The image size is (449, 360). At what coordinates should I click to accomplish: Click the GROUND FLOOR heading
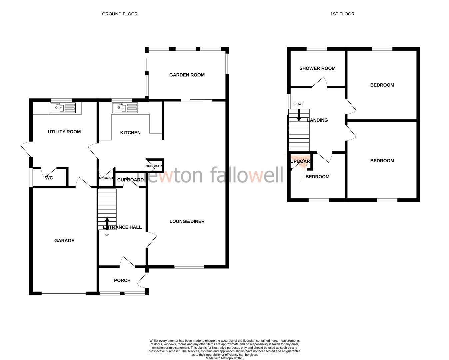(x=120, y=14)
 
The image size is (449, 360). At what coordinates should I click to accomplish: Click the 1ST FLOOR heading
(x=342, y=14)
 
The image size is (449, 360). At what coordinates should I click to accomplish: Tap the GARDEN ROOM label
(x=187, y=75)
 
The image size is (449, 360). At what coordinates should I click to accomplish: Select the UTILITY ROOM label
(x=64, y=132)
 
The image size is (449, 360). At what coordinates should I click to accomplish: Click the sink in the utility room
(x=63, y=108)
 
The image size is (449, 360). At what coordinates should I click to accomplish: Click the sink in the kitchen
(x=125, y=108)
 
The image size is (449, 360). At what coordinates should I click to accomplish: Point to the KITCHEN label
(x=130, y=133)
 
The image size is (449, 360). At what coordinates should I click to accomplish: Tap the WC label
(x=49, y=178)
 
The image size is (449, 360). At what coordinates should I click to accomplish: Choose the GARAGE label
(x=64, y=241)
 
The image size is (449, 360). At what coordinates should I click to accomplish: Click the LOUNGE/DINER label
(x=187, y=221)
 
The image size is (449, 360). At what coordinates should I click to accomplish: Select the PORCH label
(x=122, y=280)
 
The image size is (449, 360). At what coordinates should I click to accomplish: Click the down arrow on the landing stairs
(x=299, y=115)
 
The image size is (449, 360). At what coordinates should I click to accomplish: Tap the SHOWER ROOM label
(x=317, y=68)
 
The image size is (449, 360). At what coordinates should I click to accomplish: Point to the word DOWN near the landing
(x=299, y=104)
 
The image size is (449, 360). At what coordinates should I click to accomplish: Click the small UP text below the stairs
(x=107, y=235)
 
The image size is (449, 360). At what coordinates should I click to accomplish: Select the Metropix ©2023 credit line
(x=224, y=358)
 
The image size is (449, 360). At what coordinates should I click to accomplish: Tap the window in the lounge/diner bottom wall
(x=189, y=266)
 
